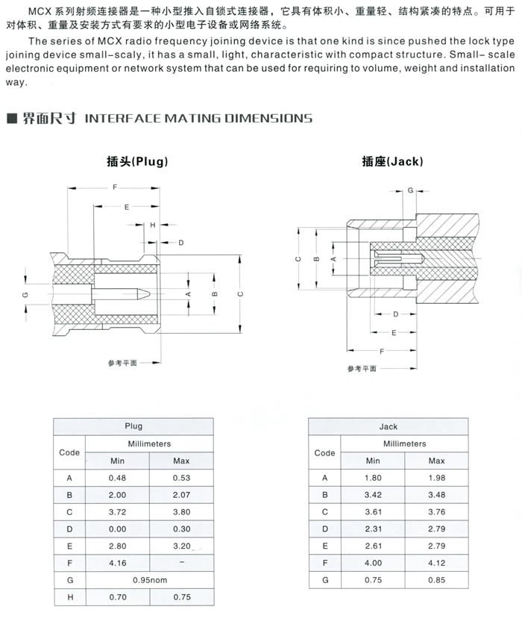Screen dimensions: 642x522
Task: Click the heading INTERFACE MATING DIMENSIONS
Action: pyautogui.click(x=199, y=118)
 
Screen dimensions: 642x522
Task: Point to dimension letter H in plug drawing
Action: pyautogui.click(x=152, y=225)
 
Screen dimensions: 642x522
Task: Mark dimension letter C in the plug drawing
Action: pyautogui.click(x=240, y=294)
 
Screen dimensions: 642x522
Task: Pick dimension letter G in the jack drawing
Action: pyautogui.click(x=409, y=191)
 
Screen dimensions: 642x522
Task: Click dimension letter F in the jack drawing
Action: pyautogui.click(x=383, y=350)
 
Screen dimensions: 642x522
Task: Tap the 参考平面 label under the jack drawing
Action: pyautogui.click(x=363, y=369)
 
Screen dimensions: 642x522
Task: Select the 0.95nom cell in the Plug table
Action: pyautogui.click(x=149, y=580)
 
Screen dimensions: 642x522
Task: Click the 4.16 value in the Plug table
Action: pyautogui.click(x=118, y=563)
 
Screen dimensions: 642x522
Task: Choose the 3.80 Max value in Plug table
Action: pyautogui.click(x=181, y=512)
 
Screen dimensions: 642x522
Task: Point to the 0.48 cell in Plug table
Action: pyautogui.click(x=118, y=478)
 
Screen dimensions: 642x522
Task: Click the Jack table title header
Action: pyautogui.click(x=389, y=426)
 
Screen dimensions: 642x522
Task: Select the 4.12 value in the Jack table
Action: pyautogui.click(x=437, y=563)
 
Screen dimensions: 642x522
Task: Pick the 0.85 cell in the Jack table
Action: pyautogui.click(x=437, y=580)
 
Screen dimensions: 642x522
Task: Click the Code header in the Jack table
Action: pyautogui.click(x=324, y=452)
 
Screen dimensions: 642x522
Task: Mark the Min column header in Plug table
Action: pyautogui.click(x=118, y=461)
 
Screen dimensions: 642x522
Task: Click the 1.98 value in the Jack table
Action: pyautogui.click(x=437, y=478)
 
